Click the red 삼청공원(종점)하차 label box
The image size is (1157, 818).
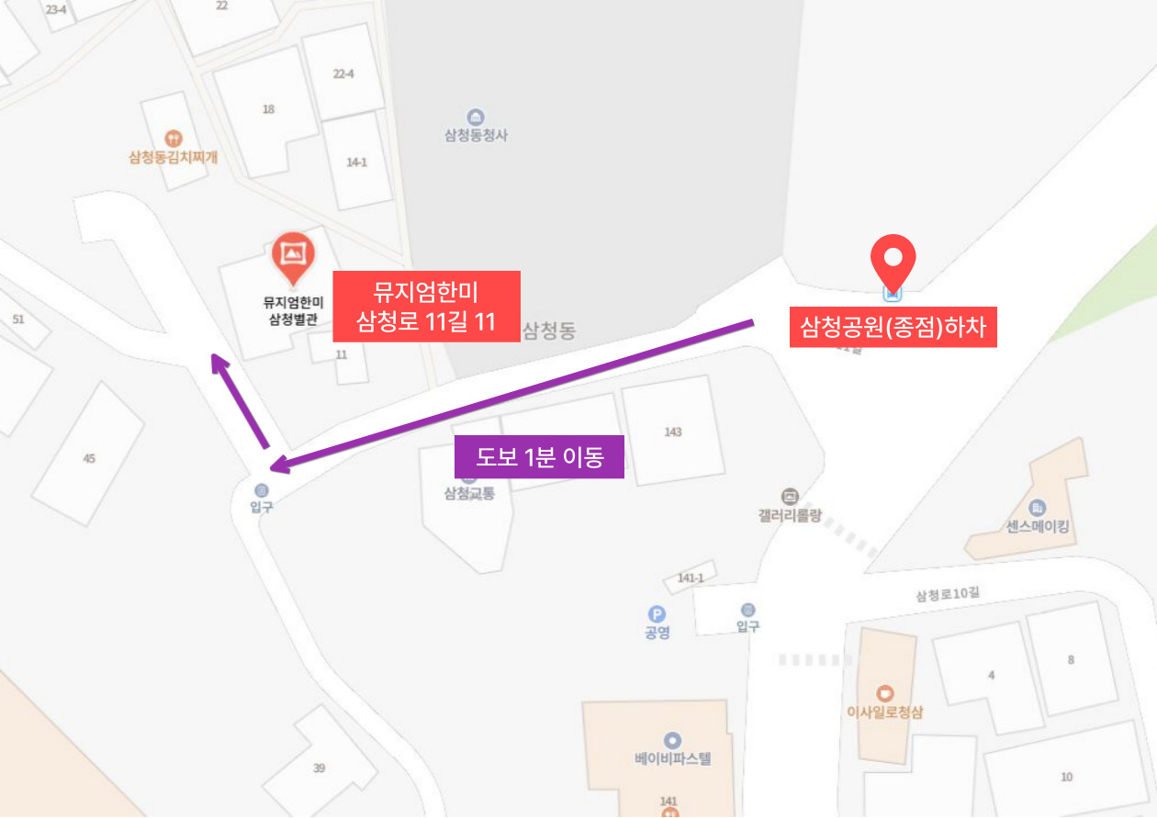[x=893, y=328]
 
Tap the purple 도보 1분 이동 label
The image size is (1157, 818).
[x=539, y=456]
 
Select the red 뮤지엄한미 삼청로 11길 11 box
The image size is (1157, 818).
[x=426, y=307]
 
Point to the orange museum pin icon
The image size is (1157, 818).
[x=293, y=255]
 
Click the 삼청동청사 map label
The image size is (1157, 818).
[x=476, y=135]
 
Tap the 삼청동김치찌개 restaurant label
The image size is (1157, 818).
[x=174, y=157]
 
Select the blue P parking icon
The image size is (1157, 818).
[x=657, y=614]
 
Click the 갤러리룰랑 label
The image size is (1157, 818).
[x=789, y=516]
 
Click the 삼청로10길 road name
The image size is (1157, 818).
[x=947, y=594]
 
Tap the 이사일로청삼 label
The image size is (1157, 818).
[x=884, y=710]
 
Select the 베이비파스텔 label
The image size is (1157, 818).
[x=673, y=759]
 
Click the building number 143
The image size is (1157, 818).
[x=673, y=431]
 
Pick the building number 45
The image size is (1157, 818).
[x=89, y=458]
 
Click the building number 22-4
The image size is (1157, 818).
[x=343, y=73]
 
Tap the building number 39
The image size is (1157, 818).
[x=319, y=768]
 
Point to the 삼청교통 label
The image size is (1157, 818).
[x=469, y=493]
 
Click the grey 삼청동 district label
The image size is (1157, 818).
[x=549, y=331]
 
